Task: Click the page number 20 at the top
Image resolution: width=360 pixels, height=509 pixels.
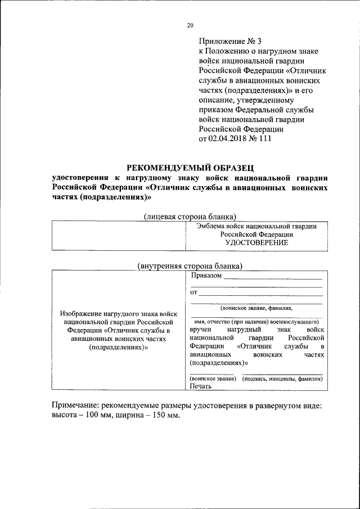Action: [190, 25]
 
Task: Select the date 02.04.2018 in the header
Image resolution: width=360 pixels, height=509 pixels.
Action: [228, 139]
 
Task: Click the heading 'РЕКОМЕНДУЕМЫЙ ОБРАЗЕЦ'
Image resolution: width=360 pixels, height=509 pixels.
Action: [190, 167]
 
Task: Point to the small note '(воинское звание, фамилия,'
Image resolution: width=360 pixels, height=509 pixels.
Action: [256, 308]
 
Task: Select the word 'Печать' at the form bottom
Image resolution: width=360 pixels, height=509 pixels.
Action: [201, 386]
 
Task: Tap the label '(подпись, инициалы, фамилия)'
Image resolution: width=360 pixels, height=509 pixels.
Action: [282, 379]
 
